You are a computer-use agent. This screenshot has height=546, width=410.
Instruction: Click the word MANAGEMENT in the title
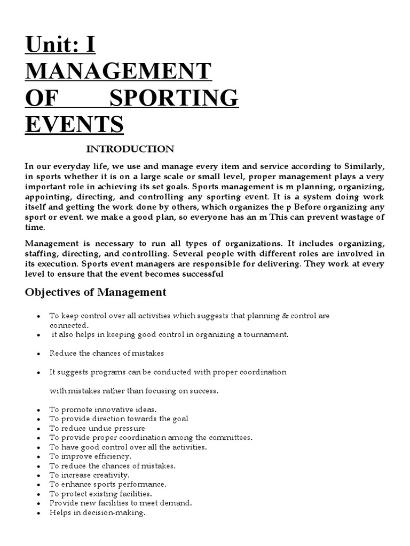[119, 71]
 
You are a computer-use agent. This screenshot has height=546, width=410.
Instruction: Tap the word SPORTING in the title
[174, 98]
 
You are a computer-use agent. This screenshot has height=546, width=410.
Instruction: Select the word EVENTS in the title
[74, 124]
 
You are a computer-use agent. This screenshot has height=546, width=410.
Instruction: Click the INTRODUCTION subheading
[130, 149]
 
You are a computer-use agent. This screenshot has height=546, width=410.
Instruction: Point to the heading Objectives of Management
[96, 292]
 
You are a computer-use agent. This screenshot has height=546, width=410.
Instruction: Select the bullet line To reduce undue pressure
[97, 428]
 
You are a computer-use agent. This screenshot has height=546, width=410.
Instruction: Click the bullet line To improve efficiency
[90, 456]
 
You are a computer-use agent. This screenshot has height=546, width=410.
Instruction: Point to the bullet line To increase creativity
[90, 475]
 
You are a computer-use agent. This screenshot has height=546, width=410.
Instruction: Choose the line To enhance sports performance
[108, 484]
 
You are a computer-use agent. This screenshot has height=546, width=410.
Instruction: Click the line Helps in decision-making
[97, 512]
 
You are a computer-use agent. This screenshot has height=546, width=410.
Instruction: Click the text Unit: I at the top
[60, 45]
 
